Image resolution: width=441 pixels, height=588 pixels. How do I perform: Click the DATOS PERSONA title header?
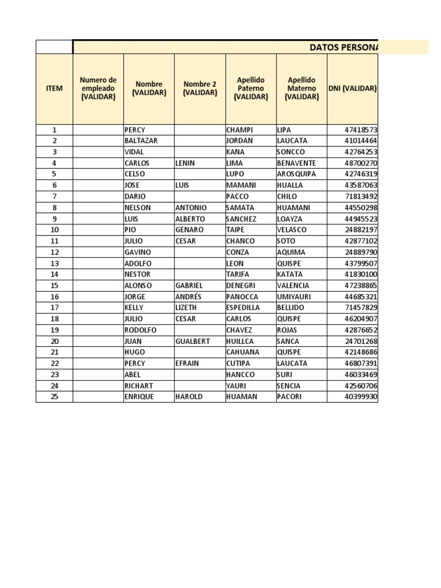[x=343, y=47]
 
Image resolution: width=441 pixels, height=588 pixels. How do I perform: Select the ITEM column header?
[x=54, y=88]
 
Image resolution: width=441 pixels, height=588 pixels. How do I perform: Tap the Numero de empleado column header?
[x=98, y=88]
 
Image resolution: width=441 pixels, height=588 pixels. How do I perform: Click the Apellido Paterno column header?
[x=250, y=88]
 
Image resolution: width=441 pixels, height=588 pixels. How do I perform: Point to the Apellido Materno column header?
[x=301, y=88]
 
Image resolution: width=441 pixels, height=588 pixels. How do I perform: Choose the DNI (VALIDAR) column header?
[x=353, y=88]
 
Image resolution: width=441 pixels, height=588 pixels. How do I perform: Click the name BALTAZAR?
[x=141, y=141]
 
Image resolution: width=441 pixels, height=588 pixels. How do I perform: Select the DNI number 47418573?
[x=361, y=130]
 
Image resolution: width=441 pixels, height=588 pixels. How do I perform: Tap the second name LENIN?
[x=185, y=163]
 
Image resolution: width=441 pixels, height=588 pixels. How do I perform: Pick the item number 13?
[x=55, y=263]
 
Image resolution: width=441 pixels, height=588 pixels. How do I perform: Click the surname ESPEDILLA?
[x=243, y=308]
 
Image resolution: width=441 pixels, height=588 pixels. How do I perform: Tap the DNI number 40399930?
[x=361, y=397]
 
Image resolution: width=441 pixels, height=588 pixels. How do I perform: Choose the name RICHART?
[x=139, y=386]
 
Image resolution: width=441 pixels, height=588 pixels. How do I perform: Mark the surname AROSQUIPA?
[x=296, y=174]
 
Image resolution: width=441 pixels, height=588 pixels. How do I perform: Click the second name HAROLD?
[x=189, y=397]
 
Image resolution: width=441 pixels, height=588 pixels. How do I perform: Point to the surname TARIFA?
[x=238, y=274]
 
